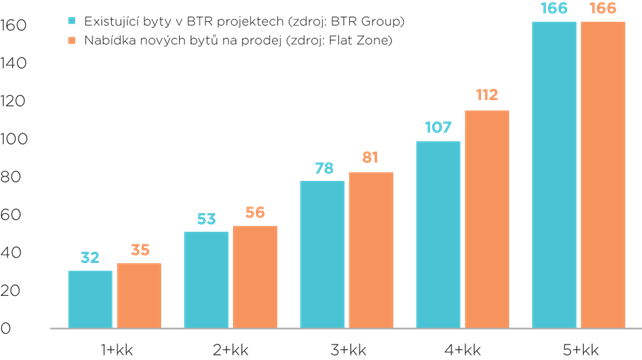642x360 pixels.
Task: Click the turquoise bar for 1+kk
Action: point(91,299)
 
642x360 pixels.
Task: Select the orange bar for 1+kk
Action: point(138,296)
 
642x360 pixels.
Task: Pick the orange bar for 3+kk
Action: point(370,250)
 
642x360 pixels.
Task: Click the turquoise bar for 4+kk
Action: point(439,235)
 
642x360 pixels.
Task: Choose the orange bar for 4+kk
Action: point(486,219)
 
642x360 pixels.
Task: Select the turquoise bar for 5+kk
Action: point(555,175)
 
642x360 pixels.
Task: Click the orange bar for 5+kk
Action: point(602,175)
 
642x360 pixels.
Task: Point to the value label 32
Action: point(90,258)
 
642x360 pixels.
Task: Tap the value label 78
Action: point(323,168)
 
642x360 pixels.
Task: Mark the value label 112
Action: point(486,96)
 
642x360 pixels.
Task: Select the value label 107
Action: point(438,128)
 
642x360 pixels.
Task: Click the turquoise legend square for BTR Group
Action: point(71,20)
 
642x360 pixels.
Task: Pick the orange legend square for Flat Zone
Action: point(71,40)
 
